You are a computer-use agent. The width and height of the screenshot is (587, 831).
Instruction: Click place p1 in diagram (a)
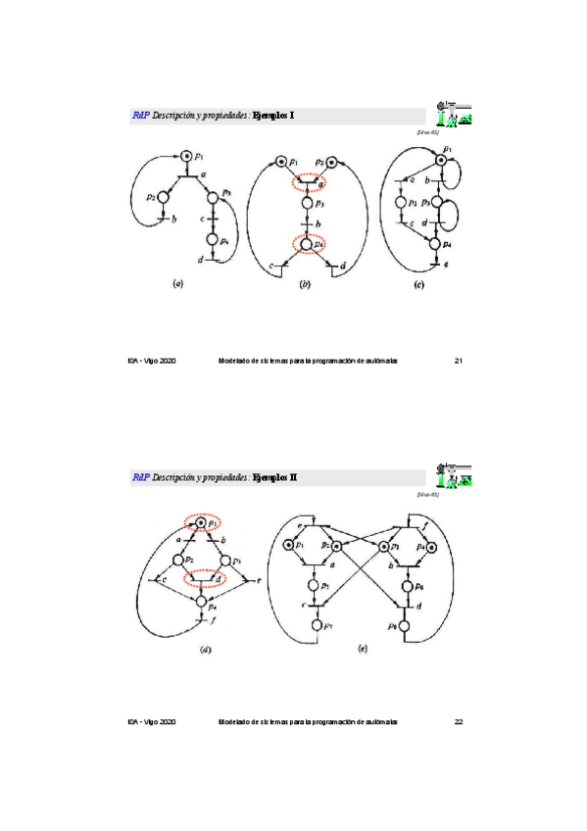[x=184, y=155]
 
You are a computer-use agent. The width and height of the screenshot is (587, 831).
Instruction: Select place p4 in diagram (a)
[x=212, y=239]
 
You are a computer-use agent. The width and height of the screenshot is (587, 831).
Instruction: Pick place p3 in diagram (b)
[x=306, y=203]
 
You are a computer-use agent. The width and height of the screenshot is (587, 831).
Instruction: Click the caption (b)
[x=305, y=284]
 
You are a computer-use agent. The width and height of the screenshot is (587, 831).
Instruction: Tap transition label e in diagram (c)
[x=446, y=265]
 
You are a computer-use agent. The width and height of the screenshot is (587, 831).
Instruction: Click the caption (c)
[x=418, y=284]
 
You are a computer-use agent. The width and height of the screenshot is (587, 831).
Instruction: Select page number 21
[x=458, y=361]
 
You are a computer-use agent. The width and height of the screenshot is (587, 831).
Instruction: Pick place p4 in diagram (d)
[x=202, y=601]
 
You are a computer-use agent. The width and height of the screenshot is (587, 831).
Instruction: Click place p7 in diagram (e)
[x=316, y=623]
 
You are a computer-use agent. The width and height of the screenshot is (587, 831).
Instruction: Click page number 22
[x=458, y=722]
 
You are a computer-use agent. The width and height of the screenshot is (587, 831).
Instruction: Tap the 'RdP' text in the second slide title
[x=140, y=477]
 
